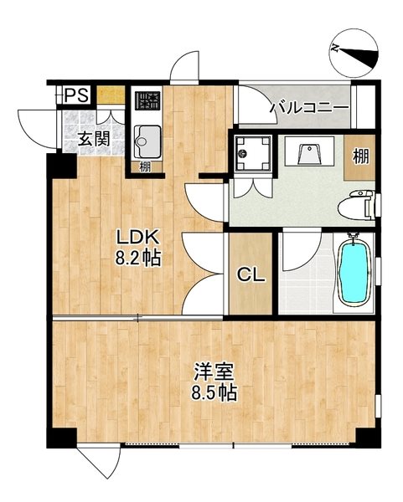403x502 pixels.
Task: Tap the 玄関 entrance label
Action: coord(93,140)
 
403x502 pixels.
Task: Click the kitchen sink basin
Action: coord(146,136)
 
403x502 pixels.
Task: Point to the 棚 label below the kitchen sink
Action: coord(145,166)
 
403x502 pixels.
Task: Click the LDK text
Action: coord(133,237)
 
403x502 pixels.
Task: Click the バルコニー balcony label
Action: coord(297,106)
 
